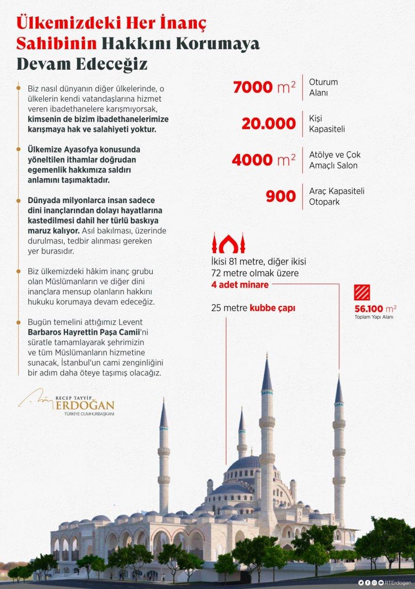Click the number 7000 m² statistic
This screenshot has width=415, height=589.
[264, 87]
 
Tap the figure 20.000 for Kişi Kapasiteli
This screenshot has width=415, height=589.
[269, 124]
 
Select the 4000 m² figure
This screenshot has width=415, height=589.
[264, 160]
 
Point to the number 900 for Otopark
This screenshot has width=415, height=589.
[281, 196]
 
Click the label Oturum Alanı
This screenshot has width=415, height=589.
[323, 87]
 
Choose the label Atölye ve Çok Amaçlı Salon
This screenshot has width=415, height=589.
[334, 160]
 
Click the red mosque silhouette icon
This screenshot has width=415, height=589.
[228, 242]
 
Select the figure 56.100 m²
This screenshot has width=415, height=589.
[375, 309]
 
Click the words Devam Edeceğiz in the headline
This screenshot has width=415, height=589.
[82, 64]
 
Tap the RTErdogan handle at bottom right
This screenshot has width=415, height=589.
[398, 583]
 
